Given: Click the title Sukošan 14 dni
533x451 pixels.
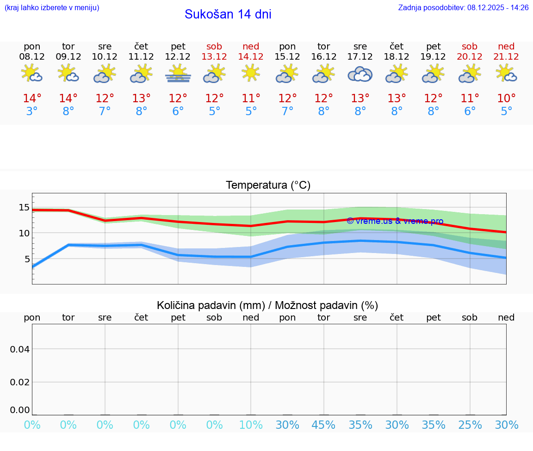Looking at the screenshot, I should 228,14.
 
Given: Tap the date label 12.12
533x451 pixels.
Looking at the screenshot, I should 178,57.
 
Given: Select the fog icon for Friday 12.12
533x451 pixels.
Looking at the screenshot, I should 178,74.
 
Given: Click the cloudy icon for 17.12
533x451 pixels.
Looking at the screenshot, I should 360,74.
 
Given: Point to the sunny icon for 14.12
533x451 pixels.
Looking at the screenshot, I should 251,73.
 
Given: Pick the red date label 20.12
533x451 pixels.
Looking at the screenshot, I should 470,57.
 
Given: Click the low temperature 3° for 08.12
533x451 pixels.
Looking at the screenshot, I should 32,111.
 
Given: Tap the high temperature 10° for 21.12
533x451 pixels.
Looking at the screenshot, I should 506,99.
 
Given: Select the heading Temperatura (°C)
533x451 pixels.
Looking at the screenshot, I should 268,185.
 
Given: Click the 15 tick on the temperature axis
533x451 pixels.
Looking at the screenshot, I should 24,207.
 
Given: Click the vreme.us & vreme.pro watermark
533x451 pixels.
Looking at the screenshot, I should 395,221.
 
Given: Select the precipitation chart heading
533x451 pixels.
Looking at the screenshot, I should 267,305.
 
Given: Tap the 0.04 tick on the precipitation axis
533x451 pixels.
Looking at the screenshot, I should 20,349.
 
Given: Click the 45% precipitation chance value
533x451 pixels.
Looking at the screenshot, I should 324,425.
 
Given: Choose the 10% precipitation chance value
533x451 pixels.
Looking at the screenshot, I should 251,425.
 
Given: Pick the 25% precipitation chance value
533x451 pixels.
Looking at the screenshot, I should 470,425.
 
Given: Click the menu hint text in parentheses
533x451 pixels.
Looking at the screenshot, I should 52,7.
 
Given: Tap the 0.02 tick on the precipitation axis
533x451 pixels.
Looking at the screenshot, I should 20,382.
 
